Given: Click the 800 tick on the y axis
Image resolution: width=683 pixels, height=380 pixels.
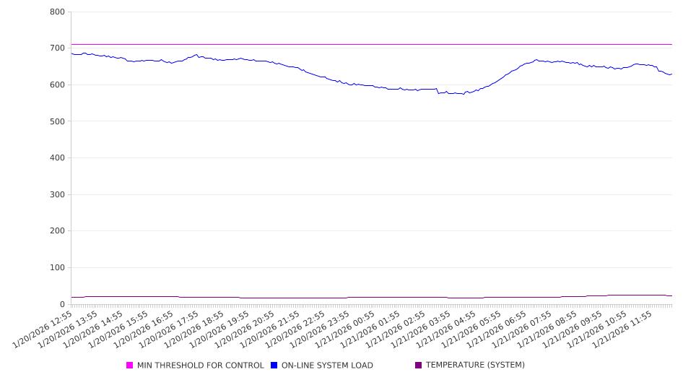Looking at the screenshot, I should [57, 12].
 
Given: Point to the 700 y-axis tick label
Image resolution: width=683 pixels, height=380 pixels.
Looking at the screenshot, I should [57, 48].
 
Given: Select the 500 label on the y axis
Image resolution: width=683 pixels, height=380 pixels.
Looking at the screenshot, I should [57, 121].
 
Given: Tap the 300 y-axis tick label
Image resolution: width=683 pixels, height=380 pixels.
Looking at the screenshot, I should [57, 195].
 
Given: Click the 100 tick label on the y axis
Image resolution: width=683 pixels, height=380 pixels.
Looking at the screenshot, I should [57, 268].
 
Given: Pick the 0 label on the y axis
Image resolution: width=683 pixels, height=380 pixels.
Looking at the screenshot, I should [62, 305].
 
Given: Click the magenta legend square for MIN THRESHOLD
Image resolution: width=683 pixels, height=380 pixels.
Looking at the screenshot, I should [130, 366].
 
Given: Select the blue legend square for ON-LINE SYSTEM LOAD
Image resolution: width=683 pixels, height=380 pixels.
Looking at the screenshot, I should [274, 366].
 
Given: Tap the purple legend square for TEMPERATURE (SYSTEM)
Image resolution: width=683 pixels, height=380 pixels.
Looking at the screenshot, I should [419, 366].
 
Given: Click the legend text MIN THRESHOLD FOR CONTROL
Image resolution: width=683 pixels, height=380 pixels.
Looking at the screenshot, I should [200, 366].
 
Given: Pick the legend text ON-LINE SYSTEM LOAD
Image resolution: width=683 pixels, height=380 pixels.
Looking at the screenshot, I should [327, 366].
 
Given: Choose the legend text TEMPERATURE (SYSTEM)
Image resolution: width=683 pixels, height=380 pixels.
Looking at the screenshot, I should [475, 366].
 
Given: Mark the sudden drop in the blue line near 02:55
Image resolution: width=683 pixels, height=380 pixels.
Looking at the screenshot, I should [438, 91].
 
